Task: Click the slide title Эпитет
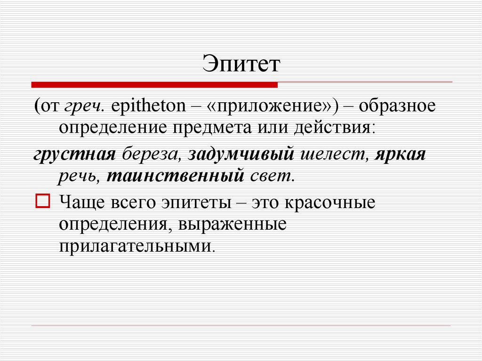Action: click(241, 64)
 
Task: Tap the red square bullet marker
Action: click(42, 201)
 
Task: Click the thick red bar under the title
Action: click(154, 85)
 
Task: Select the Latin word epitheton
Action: click(148, 106)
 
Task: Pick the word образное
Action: click(397, 106)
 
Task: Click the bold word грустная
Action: click(75, 154)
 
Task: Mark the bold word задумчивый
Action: click(241, 154)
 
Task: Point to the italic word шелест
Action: click(332, 154)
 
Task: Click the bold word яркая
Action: click(400, 154)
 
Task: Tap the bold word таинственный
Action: click(175, 176)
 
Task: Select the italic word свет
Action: click(270, 176)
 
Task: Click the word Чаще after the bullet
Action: click(81, 203)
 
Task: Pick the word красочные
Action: click(329, 203)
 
